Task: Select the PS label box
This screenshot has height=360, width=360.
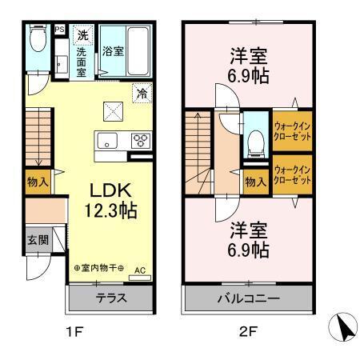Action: [x=59, y=30]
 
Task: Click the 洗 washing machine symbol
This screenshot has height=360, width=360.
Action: [x=82, y=34]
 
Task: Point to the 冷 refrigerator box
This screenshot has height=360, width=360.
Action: [x=141, y=92]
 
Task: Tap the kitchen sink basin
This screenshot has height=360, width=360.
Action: [x=106, y=142]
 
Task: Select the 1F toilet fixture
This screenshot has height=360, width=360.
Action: [x=37, y=38]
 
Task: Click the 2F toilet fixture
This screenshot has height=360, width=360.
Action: [x=254, y=141]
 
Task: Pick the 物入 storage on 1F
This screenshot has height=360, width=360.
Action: [x=38, y=182]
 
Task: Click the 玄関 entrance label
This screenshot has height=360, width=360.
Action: [x=37, y=240]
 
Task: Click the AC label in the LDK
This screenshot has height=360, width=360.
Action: [x=140, y=270]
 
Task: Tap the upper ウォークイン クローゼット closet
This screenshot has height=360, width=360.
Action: [x=292, y=130]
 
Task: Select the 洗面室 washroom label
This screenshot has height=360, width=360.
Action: [x=82, y=62]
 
